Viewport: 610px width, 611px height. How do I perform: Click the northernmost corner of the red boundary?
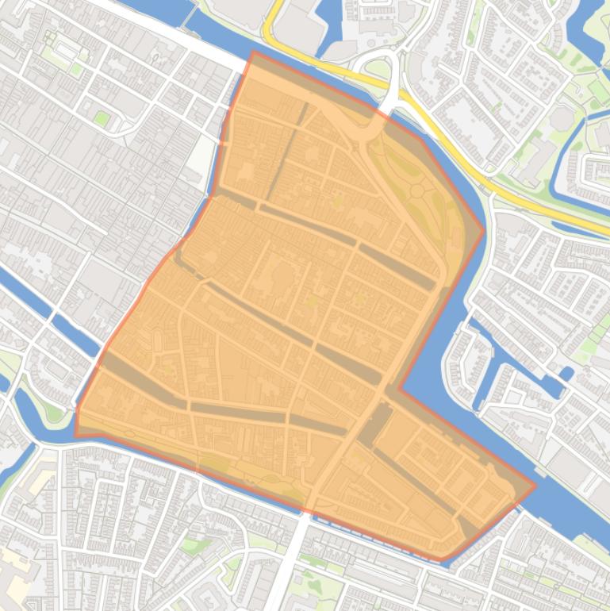coord(253,52)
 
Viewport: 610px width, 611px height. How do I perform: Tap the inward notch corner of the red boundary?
coord(399,390)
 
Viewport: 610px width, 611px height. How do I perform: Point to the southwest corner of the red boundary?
coord(75,436)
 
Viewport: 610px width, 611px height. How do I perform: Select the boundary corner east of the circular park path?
coord(483,231)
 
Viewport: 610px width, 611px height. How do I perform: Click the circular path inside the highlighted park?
coord(417,190)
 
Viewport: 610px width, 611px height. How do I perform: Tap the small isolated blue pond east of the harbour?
coord(566,373)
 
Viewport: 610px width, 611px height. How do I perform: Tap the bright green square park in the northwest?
coord(102,118)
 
